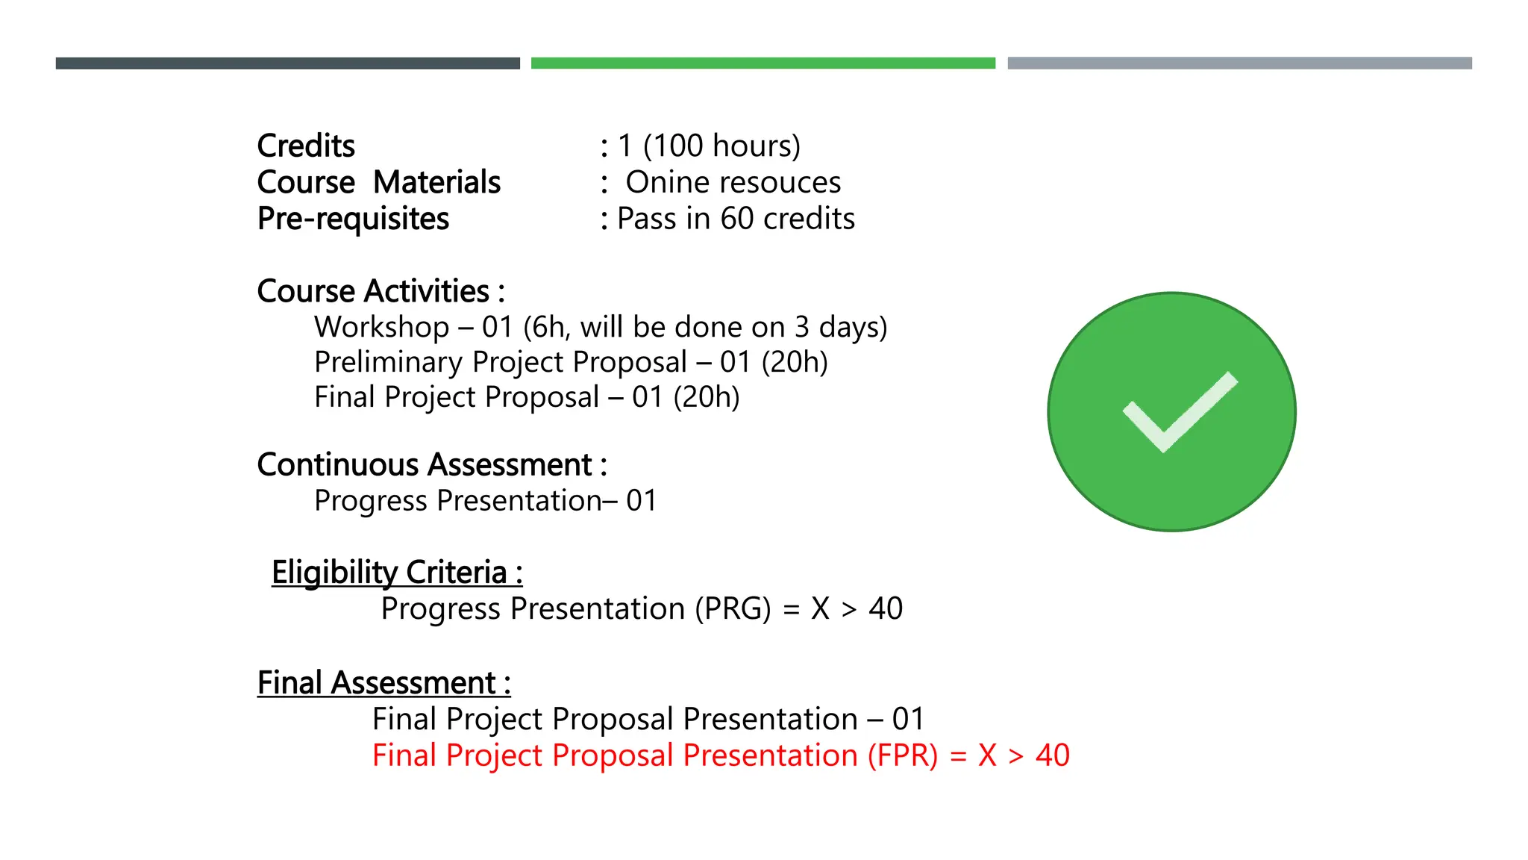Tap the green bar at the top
pos(763,63)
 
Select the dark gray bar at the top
pos(287,63)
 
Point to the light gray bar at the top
pos(1239,63)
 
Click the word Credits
pos(306,146)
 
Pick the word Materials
pos(436,183)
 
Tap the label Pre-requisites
pos(353,219)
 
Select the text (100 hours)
pos(721,146)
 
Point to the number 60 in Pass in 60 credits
pos(737,219)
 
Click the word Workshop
pos(381,328)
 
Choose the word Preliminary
pos(388,363)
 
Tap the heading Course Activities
pos(381,292)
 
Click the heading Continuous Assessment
pos(431,465)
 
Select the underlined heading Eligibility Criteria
pos(396,573)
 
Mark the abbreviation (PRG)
pos(733,609)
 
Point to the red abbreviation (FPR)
pos(902,756)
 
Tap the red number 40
pos(1052,756)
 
